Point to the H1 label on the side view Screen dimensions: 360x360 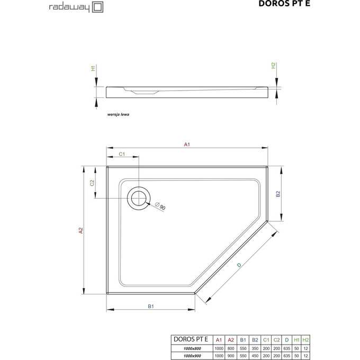tap(93, 68)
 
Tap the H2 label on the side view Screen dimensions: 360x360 tap(273, 66)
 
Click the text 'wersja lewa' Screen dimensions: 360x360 tap(119, 114)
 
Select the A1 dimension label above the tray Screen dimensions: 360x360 tap(186, 144)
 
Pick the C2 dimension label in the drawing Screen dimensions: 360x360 tap(92, 183)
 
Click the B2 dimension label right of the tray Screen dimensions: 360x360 tap(277, 194)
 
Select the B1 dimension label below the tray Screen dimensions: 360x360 tap(150, 306)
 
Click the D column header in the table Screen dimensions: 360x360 tap(286, 339)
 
